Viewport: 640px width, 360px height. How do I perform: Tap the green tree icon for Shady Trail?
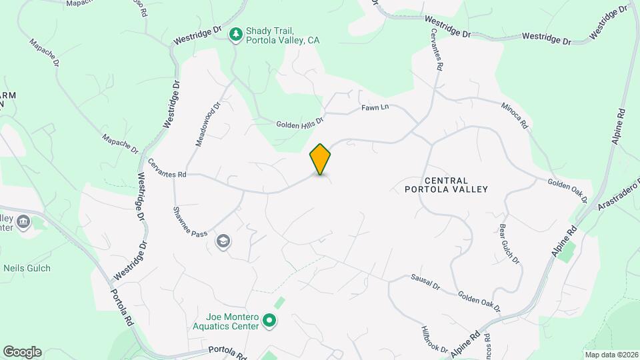[x=235, y=35]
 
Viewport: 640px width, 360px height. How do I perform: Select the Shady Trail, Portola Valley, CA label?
[x=283, y=35]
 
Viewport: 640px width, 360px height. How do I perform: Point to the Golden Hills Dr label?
[x=300, y=123]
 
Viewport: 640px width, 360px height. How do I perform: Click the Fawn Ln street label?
[x=375, y=107]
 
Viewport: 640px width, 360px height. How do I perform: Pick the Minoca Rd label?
[x=515, y=115]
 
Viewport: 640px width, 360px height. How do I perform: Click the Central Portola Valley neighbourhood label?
[x=446, y=185]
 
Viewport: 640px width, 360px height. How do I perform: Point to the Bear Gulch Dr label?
[x=509, y=244]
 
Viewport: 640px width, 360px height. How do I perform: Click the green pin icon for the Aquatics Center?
[x=269, y=321]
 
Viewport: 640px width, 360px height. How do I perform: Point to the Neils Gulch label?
[x=27, y=268]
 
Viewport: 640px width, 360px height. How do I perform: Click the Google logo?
[x=22, y=352]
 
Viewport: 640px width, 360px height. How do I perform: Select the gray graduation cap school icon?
[x=223, y=242]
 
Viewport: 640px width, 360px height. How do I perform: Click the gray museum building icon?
[x=23, y=221]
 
